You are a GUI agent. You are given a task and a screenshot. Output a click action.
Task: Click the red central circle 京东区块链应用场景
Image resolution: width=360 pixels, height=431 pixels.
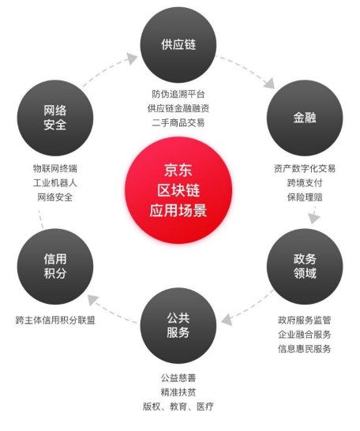pos(178,190)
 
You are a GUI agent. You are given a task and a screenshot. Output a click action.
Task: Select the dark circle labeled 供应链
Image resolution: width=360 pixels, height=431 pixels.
pos(178,44)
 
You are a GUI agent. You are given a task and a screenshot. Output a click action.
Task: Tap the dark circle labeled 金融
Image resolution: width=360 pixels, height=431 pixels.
pos(305,118)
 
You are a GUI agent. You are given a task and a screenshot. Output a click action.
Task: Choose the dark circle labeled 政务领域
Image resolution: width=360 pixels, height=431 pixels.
pos(305,266)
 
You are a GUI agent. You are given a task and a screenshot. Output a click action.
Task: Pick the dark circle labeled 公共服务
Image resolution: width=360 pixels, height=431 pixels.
pos(178,325)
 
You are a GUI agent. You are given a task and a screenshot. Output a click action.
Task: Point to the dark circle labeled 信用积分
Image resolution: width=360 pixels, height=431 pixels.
pos(55,266)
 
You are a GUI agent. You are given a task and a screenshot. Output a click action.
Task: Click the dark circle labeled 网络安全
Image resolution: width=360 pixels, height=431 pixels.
pos(55,118)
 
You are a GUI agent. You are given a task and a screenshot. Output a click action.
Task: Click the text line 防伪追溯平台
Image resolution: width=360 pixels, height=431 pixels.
pos(178,94)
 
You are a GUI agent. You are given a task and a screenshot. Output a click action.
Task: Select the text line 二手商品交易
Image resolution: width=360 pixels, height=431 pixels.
pos(178,122)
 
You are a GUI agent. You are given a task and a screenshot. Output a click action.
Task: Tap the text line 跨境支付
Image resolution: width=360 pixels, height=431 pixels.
pos(305,183)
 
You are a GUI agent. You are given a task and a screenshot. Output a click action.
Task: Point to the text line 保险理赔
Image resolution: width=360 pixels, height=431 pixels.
pos(305,197)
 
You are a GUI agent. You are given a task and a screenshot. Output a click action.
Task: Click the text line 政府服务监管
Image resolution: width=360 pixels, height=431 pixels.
pos(305,320)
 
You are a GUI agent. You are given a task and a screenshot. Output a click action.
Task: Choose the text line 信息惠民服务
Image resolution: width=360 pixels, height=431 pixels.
pos(305,349)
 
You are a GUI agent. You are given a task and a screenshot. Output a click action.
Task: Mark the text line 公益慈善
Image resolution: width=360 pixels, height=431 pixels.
pos(178,377)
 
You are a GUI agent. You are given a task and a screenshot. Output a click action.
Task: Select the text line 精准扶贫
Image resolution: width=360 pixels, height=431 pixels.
pos(178,392)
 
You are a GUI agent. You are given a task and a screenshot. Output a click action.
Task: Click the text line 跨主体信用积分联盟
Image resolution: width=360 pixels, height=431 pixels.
pos(55,320)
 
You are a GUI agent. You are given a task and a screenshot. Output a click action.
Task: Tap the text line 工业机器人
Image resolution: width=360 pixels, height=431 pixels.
pos(55,183)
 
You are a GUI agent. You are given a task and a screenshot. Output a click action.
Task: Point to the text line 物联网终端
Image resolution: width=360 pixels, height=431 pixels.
pos(55,168)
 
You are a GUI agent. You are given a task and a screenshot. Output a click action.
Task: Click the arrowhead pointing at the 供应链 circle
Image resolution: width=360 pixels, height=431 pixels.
pos(132,58)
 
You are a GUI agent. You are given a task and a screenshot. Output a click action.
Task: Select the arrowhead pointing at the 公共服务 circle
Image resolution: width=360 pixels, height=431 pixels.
pos(227,320)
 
